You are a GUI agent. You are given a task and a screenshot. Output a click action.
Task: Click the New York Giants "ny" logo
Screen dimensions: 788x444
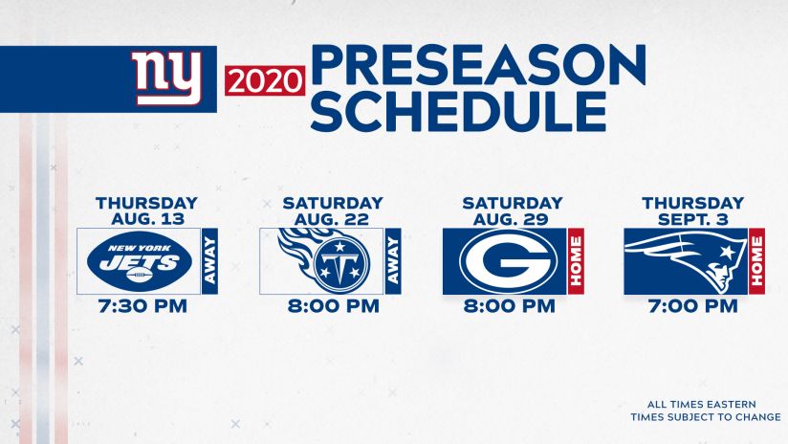coord(167,78)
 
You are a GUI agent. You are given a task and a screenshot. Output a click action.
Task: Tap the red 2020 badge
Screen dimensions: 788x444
coord(265,80)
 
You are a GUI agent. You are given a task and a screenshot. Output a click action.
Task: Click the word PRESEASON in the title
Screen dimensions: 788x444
coord(478,65)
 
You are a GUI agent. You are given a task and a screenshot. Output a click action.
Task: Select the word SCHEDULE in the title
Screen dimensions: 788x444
coord(459,111)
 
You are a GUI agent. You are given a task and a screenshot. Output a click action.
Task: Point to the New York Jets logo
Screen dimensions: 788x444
coord(140,261)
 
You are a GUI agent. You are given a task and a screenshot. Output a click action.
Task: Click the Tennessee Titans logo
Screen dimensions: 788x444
coord(324,260)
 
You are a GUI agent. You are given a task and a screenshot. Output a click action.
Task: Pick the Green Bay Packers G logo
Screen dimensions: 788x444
coord(508,261)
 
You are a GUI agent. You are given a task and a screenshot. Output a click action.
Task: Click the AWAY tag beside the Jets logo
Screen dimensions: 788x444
coord(210,261)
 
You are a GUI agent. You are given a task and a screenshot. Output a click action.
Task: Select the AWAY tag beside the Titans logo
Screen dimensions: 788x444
coord(393,261)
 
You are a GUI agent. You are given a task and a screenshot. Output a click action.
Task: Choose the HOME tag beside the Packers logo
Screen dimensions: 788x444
coord(576,261)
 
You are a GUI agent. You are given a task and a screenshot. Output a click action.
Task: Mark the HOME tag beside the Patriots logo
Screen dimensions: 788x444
coord(756,261)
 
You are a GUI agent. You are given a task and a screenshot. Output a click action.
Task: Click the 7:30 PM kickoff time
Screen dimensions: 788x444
coord(142,306)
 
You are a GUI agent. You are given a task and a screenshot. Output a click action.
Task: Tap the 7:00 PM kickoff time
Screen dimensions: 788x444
coord(693,306)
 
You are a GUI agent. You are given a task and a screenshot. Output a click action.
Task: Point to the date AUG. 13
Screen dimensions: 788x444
coord(147,219)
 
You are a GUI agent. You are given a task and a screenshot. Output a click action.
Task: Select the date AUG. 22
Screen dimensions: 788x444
coord(332,219)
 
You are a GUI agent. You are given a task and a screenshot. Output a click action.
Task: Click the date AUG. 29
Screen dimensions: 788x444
coord(511,219)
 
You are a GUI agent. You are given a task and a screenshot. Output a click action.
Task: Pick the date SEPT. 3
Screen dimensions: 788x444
coord(693,219)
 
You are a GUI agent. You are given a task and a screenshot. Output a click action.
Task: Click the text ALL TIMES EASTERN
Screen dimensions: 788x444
coord(702,404)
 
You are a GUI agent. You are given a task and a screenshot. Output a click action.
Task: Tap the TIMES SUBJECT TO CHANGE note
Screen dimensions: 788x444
coord(706,417)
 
